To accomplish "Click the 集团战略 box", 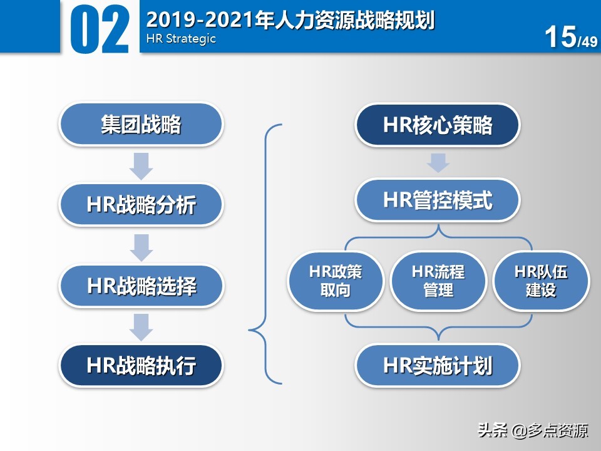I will click(141, 124).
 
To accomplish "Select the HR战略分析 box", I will click(141, 204).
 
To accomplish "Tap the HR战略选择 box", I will click(141, 286).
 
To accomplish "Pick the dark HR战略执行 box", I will click(141, 365).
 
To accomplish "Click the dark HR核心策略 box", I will click(438, 125).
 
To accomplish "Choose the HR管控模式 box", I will click(438, 200).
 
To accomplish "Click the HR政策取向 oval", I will click(336, 281).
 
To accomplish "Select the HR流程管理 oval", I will click(438, 281).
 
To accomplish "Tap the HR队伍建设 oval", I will click(541, 281).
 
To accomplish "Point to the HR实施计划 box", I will click(438, 365).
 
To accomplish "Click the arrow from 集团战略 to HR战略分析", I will click(141, 165).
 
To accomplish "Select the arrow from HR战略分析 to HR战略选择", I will click(141, 246).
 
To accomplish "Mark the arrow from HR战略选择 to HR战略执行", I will click(141, 327).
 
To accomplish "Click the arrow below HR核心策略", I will click(438, 162).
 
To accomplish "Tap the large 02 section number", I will click(100, 29).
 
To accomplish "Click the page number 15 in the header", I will click(560, 37).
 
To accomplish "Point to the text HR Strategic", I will click(181, 39).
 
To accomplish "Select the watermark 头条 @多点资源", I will click(533, 431).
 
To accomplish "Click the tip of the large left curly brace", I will click(251, 329).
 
